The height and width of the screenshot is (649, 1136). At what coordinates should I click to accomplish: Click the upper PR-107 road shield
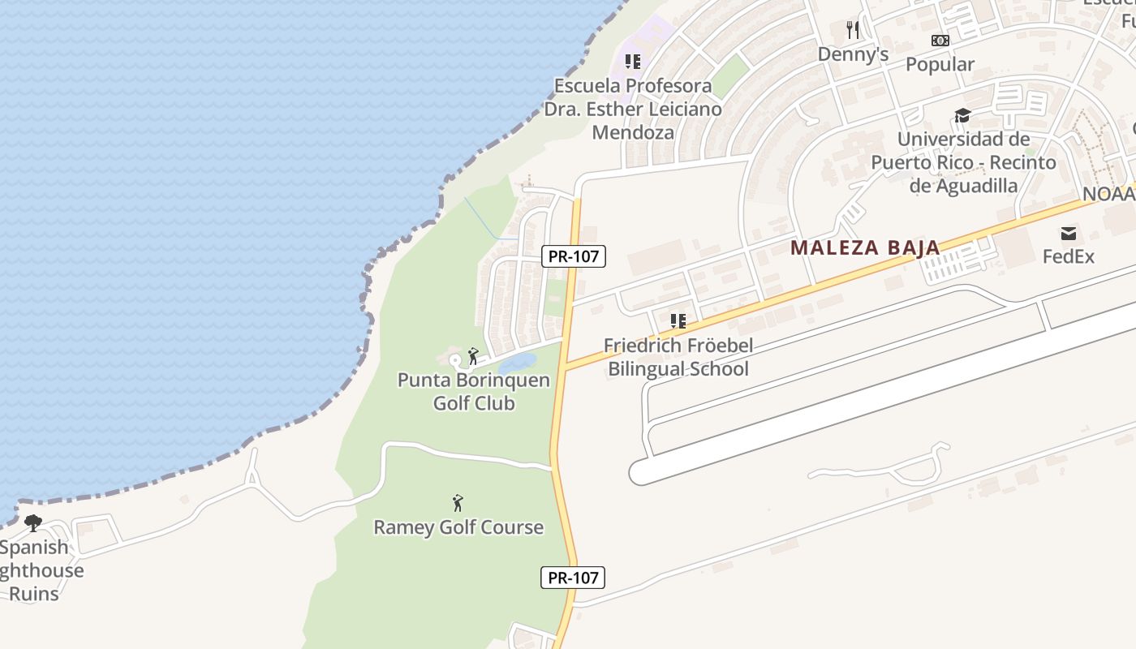tap(574, 256)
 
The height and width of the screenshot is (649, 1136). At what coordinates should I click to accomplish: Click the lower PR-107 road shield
tap(573, 578)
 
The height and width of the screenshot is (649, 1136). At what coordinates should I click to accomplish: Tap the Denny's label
tap(853, 54)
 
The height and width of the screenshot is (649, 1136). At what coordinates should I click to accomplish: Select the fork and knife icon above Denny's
tap(852, 30)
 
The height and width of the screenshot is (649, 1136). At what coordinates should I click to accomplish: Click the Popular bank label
tap(940, 64)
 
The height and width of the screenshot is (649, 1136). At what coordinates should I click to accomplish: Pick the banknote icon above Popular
tap(940, 40)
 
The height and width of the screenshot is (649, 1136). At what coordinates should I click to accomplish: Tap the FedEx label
tap(1069, 256)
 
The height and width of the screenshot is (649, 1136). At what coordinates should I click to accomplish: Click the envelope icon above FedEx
tap(1069, 234)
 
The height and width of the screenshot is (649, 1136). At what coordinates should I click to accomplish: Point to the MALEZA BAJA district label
tap(865, 247)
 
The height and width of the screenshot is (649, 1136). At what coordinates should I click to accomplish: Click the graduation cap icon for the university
tap(962, 115)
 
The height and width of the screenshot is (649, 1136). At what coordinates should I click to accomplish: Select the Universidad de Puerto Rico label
tap(963, 162)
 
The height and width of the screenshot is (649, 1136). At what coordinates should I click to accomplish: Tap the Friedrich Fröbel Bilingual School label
tap(678, 357)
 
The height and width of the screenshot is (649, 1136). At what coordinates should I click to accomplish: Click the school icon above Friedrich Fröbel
tap(678, 321)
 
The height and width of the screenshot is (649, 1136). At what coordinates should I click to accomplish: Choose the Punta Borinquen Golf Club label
tap(474, 391)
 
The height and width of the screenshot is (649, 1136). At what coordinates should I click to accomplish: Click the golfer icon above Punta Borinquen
tap(473, 355)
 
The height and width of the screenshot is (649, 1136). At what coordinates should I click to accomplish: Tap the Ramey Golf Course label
tap(458, 527)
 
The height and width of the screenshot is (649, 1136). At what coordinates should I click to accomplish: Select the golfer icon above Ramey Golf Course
tap(458, 503)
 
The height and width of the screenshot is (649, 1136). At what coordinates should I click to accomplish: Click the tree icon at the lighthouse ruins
tap(33, 523)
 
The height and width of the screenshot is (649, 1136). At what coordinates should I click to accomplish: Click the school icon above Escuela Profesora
tap(633, 61)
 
